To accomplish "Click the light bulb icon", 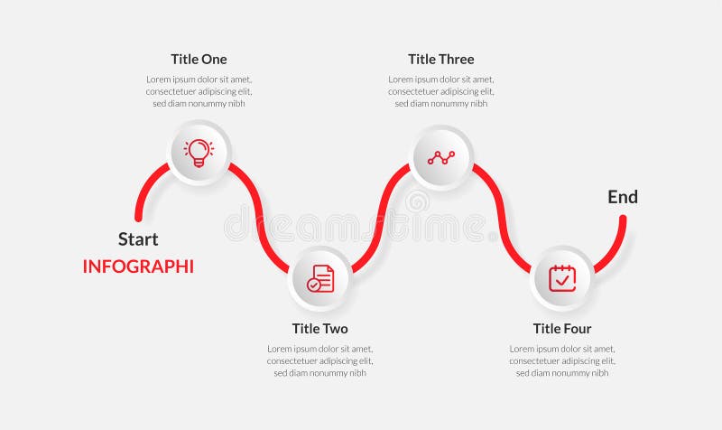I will coord(199,152).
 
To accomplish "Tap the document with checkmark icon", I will coord(320,278).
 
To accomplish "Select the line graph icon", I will coord(441,157).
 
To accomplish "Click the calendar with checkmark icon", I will coord(562,277).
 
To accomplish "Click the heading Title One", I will coord(199,60).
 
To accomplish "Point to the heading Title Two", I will coord(319,329).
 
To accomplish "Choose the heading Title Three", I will coord(440,60).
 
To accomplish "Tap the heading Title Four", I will coord(561,329).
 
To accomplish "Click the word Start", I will coord(138,239).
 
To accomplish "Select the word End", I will coord(623,197).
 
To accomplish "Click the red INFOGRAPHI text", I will coord(138,266).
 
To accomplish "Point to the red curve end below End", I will coord(623,219).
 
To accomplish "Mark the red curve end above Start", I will coord(138,217).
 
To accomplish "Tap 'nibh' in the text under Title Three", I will coord(478,103).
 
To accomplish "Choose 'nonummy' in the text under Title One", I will coord(211,103).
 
